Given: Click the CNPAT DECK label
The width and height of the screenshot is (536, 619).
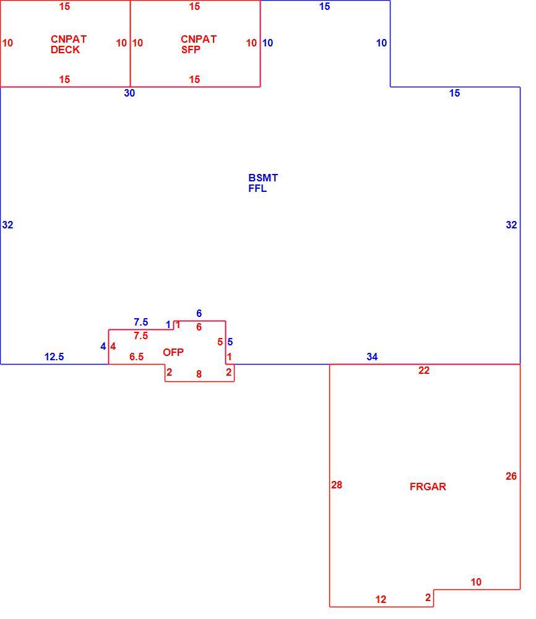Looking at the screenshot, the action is pyautogui.click(x=69, y=44).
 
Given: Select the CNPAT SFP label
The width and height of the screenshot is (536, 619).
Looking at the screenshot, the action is pyautogui.click(x=199, y=44).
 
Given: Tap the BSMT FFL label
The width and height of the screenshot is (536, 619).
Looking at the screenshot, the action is pyautogui.click(x=263, y=183).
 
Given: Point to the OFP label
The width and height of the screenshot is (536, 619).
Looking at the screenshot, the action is pyautogui.click(x=173, y=352).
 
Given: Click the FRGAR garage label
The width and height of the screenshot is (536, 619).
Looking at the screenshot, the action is pyautogui.click(x=428, y=487).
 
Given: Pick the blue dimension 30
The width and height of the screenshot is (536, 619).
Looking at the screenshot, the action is pyautogui.click(x=129, y=93).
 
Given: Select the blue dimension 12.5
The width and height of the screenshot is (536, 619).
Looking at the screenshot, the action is pyautogui.click(x=54, y=357).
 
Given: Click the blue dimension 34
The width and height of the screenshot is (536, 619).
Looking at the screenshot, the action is pyautogui.click(x=372, y=357).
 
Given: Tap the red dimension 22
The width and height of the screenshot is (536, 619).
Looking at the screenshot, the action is pyautogui.click(x=424, y=370).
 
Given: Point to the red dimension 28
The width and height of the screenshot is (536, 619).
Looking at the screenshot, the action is pyautogui.click(x=337, y=485).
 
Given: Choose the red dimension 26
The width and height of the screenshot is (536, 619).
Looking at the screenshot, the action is pyautogui.click(x=511, y=476).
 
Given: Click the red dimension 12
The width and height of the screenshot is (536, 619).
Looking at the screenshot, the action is pyautogui.click(x=381, y=599).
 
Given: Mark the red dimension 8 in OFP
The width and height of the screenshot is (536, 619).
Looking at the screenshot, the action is pyautogui.click(x=199, y=374).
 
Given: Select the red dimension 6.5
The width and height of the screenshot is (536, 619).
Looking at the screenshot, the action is pyautogui.click(x=137, y=357).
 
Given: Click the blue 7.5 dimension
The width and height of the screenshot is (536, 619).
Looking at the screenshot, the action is pyautogui.click(x=141, y=322).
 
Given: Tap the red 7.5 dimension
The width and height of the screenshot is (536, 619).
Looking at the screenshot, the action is pyautogui.click(x=141, y=335).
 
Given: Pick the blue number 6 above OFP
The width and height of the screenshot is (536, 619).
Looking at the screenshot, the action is pyautogui.click(x=199, y=313).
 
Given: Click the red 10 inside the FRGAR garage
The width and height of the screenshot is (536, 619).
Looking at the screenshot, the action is pyautogui.click(x=476, y=582).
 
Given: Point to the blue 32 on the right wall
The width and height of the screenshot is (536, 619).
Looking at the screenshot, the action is pyautogui.click(x=511, y=225).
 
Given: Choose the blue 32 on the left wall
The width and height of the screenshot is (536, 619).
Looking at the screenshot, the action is pyautogui.click(x=8, y=225).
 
